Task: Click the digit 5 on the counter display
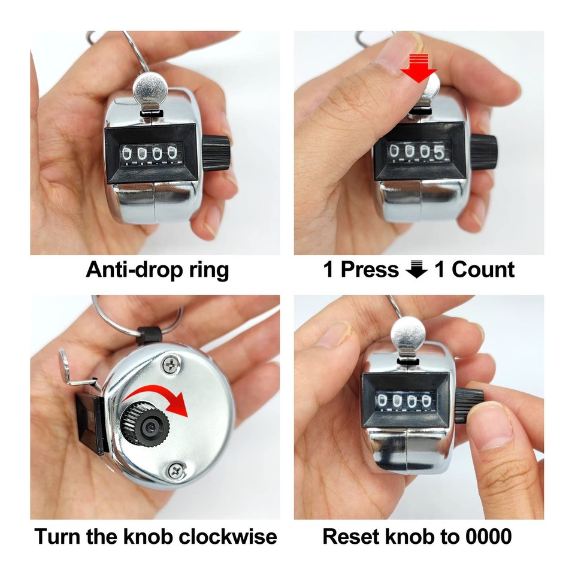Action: [440, 153]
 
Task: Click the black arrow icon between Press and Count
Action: [416, 270]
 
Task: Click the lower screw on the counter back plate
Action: [174, 471]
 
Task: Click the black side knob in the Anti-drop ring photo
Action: [216, 151]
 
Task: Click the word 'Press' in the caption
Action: [370, 270]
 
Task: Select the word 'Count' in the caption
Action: [483, 270]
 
